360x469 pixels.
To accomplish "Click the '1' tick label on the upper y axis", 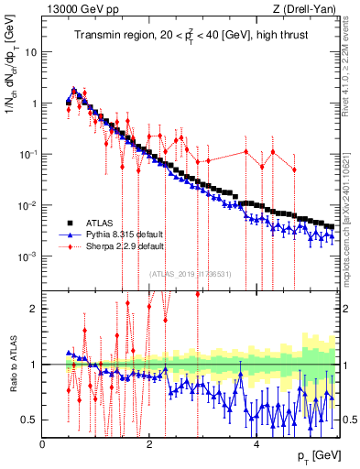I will coord(34,104).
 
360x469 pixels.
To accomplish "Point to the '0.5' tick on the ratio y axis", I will coord(30,420).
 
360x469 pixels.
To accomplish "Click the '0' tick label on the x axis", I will coord(43,442).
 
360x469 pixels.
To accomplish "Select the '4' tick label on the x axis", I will coord(256,442).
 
